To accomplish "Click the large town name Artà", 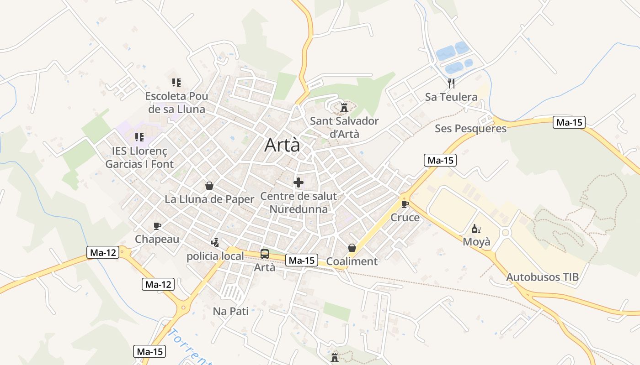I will click(x=283, y=145).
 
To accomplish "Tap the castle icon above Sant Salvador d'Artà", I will click(x=344, y=108).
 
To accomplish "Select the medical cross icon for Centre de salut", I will click(x=299, y=183).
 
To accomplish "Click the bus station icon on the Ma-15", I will click(x=265, y=254).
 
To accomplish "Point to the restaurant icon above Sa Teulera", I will click(x=451, y=83).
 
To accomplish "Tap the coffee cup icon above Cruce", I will click(x=405, y=203).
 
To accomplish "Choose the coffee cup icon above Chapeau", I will click(x=157, y=226).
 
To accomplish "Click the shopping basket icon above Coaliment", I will click(x=352, y=248).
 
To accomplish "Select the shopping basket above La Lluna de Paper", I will click(x=209, y=186).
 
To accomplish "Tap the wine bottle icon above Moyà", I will click(x=476, y=229).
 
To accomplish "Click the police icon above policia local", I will click(x=215, y=243).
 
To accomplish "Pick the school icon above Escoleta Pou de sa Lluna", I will click(x=176, y=83).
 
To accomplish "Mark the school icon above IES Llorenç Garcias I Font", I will click(x=139, y=137).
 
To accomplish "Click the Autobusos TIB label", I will click(x=542, y=277).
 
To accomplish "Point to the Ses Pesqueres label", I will click(x=470, y=129).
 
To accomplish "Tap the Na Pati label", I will click(x=231, y=311).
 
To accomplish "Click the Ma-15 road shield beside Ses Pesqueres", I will click(x=569, y=122).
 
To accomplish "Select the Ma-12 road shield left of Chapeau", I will click(x=103, y=252).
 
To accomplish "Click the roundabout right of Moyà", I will click(x=505, y=232).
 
